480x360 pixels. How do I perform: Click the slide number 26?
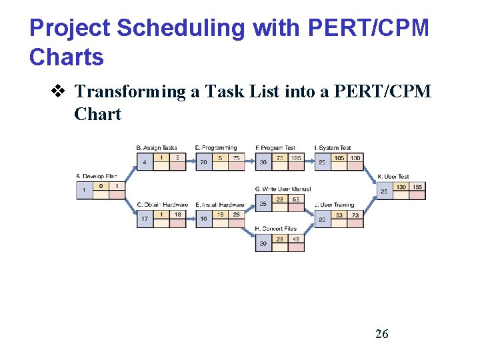[381, 333]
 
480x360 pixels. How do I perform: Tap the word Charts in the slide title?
[67, 57]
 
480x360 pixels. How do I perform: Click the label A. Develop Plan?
[96, 176]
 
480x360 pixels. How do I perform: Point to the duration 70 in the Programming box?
[203, 162]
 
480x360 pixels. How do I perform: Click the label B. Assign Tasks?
[157, 147]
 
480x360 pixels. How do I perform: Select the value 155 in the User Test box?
[417, 187]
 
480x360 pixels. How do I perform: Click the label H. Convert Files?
[276, 229]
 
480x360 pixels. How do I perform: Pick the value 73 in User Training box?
[355, 215]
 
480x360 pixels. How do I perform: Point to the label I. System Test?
[333, 147]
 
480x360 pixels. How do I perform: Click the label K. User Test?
[393, 177]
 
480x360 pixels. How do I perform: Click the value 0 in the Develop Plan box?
[101, 186]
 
